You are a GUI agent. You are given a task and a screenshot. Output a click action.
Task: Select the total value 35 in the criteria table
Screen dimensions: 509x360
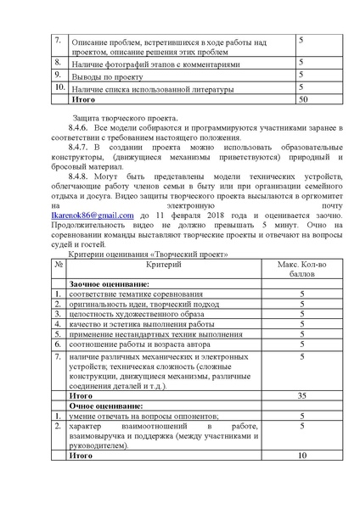point(301,395)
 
